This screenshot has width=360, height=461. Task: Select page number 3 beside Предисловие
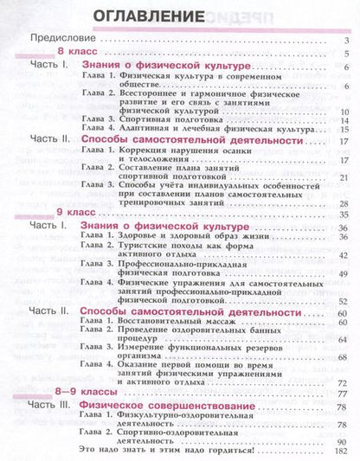point(345,41)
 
